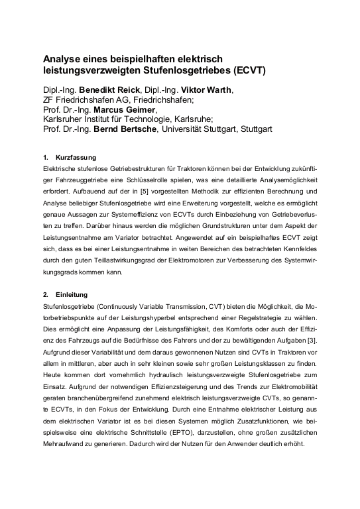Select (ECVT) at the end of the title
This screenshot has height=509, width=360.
tap(249, 70)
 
